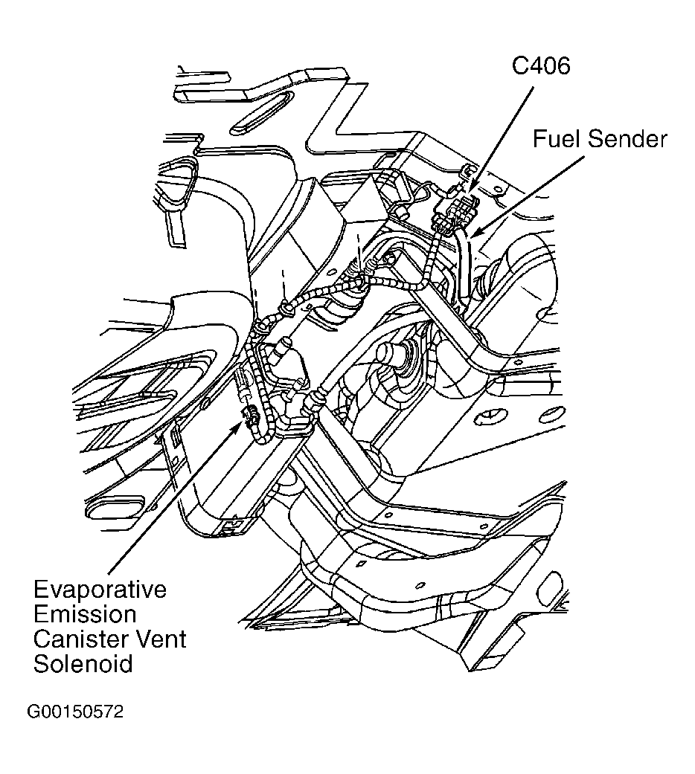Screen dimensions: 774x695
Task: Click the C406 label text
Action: click(540, 66)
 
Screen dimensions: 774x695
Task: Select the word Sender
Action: click(628, 139)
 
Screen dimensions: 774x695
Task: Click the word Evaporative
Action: click(100, 591)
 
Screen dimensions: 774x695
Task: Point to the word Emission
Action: click(85, 615)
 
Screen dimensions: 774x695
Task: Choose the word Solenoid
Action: click(83, 662)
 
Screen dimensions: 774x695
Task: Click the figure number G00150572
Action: click(75, 712)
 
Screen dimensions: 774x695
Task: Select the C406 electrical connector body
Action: click(453, 211)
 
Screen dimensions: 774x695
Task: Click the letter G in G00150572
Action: click(34, 712)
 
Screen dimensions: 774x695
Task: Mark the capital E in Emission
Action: click(42, 615)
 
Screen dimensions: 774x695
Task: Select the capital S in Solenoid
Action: click(42, 662)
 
